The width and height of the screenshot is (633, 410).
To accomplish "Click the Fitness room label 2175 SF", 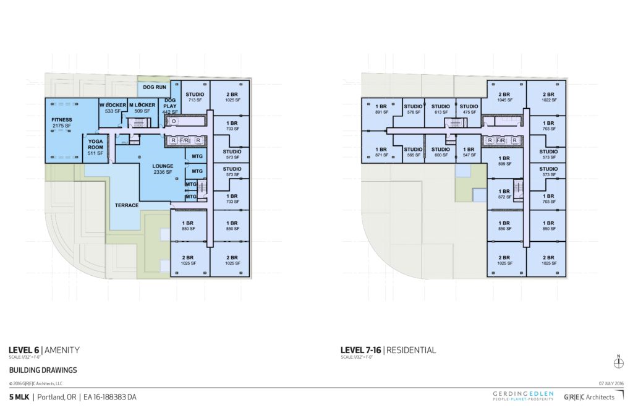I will click(x=62, y=122).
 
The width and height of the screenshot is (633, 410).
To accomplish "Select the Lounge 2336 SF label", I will click(x=163, y=169).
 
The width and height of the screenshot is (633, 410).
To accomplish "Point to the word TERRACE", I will click(x=126, y=205).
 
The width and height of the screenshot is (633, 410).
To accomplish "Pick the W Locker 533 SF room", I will click(x=113, y=108).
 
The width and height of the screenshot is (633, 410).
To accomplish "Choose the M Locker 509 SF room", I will click(x=142, y=108).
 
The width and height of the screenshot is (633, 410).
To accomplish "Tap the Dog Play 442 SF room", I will click(x=169, y=106).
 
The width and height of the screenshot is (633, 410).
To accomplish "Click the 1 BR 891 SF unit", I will click(x=381, y=109).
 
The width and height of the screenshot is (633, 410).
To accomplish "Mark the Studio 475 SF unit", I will click(x=469, y=109).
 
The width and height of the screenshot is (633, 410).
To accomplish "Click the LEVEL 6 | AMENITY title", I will click(x=44, y=350).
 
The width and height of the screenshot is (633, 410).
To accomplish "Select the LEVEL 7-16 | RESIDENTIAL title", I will click(x=388, y=350).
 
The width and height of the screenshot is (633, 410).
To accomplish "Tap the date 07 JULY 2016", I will click(x=610, y=384).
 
